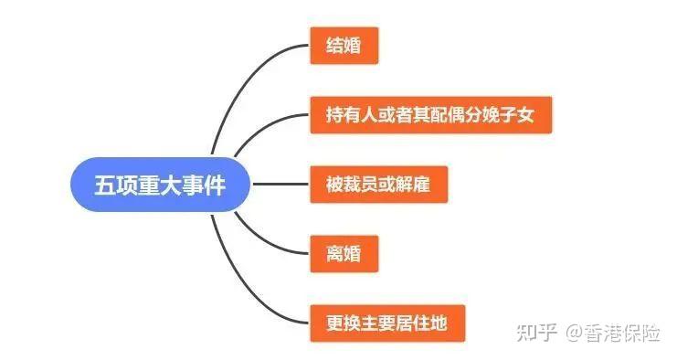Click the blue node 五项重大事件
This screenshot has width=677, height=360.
160,184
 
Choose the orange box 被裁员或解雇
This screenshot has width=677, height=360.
377,185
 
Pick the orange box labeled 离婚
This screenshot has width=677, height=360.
344,254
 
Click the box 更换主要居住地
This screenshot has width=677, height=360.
386,323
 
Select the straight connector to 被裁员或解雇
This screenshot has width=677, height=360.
280,185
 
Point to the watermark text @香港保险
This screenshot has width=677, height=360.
612,332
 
